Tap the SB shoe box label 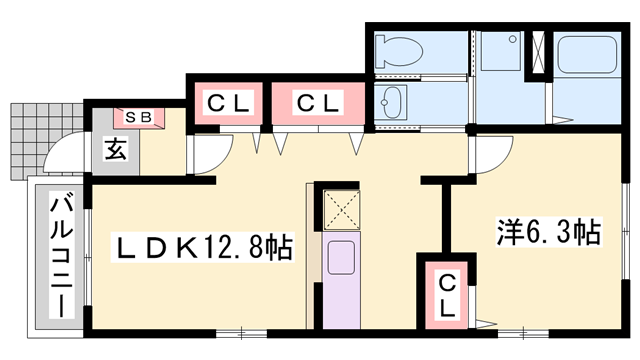[138, 116]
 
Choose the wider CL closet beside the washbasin [318, 103]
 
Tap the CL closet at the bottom [447, 294]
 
